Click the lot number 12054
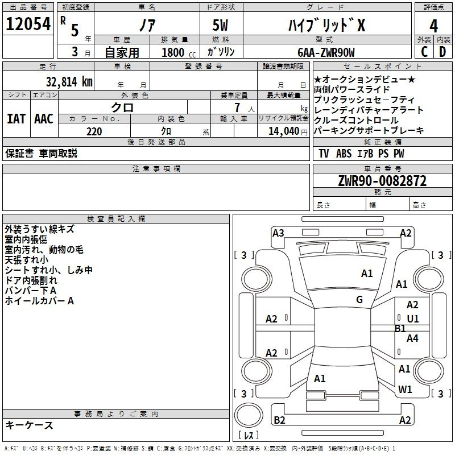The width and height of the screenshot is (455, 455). click(28, 24)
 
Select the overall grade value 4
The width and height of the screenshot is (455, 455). click(433, 26)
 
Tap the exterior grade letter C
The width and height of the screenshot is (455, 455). click(424, 52)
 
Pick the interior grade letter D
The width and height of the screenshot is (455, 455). click(442, 52)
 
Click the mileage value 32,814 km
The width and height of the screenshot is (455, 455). click(69, 82)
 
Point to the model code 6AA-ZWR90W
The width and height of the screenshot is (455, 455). click(326, 52)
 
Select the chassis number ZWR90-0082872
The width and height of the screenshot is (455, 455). click(382, 181)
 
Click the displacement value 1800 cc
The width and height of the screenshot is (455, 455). click(179, 52)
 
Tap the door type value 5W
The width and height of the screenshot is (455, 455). click(220, 25)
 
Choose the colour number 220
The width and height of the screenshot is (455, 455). click(94, 131)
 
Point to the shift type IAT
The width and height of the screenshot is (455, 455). click(16, 119)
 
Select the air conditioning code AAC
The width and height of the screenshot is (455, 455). click(44, 119)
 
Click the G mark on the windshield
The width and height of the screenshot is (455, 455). click(359, 300)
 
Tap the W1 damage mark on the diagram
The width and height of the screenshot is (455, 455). click(405, 389)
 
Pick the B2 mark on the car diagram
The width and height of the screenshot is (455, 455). click(279, 420)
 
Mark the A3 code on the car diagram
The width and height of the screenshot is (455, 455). click(278, 233)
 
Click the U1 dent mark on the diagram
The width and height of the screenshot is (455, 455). click(413, 319)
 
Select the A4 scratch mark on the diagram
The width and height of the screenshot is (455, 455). click(412, 338)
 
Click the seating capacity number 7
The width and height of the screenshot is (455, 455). click(237, 107)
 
